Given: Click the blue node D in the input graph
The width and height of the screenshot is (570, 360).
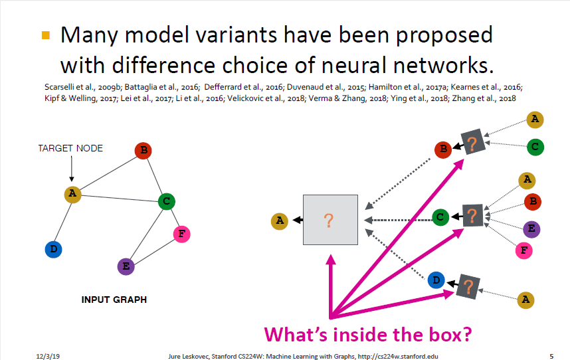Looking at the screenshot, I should tap(54, 249).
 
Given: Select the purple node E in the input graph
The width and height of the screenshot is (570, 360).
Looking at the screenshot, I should tap(125, 266).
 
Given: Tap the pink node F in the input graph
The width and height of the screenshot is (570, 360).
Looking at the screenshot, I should tap(181, 234).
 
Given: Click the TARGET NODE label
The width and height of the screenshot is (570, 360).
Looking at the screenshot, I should tap(70, 148).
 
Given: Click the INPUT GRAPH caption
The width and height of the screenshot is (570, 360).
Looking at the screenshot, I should tap(114, 300).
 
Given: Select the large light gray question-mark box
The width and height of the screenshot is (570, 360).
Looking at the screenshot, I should tap(330, 220).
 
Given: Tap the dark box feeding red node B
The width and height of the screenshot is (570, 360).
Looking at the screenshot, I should tap(472, 144).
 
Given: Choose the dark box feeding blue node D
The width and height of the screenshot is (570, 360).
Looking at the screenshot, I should tap(468, 286).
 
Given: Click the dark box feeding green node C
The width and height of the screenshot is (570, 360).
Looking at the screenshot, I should tap(472, 215).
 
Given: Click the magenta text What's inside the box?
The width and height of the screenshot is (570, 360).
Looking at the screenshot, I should tap(368, 333).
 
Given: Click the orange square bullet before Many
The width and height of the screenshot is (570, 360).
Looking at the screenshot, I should tap(46, 35).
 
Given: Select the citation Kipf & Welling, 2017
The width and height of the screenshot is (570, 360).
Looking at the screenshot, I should tap(62, 98).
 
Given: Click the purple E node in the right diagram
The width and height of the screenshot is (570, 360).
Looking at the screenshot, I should tap(531, 229).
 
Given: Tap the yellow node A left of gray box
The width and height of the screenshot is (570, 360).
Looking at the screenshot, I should tap(280, 221).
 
